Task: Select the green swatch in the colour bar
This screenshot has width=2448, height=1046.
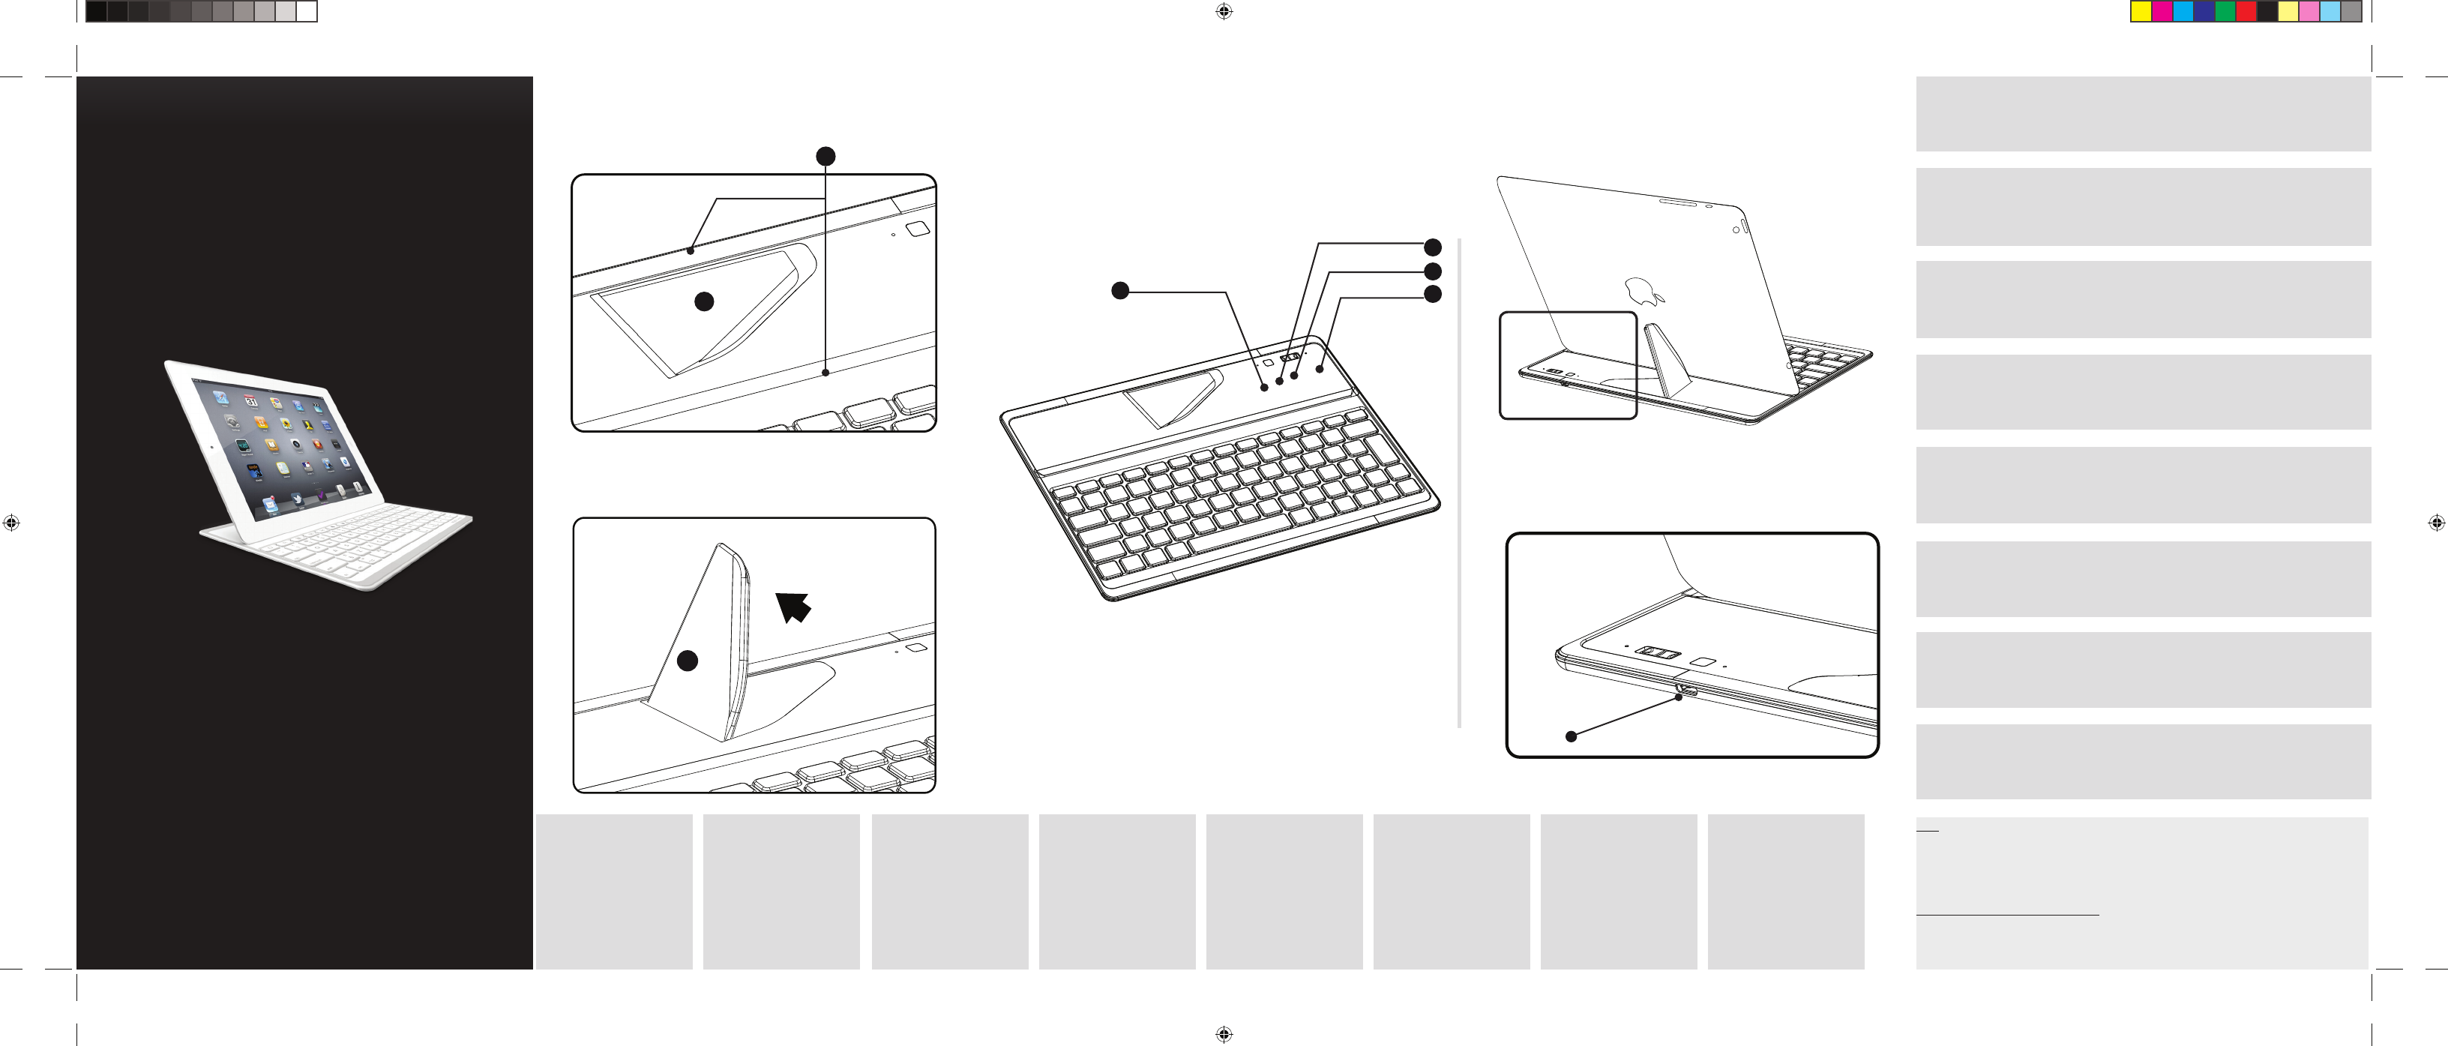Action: point(2225,11)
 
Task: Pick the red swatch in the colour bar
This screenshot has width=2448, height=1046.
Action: point(2246,11)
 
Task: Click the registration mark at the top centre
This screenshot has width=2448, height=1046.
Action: point(1224,11)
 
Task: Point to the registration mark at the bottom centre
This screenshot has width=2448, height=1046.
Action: point(1224,1034)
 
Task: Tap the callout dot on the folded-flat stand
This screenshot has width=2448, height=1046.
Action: point(704,301)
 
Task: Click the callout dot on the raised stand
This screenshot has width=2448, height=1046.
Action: point(687,661)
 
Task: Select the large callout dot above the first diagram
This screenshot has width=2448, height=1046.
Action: point(825,156)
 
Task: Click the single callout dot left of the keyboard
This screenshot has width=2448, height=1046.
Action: point(1120,291)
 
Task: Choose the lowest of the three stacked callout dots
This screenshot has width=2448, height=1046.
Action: point(1432,295)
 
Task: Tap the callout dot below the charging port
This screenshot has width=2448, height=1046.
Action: point(1571,736)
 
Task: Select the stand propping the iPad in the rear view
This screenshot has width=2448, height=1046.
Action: point(1667,361)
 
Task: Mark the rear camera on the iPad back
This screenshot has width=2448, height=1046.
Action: point(1735,229)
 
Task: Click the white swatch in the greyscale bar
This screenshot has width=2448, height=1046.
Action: point(306,11)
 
